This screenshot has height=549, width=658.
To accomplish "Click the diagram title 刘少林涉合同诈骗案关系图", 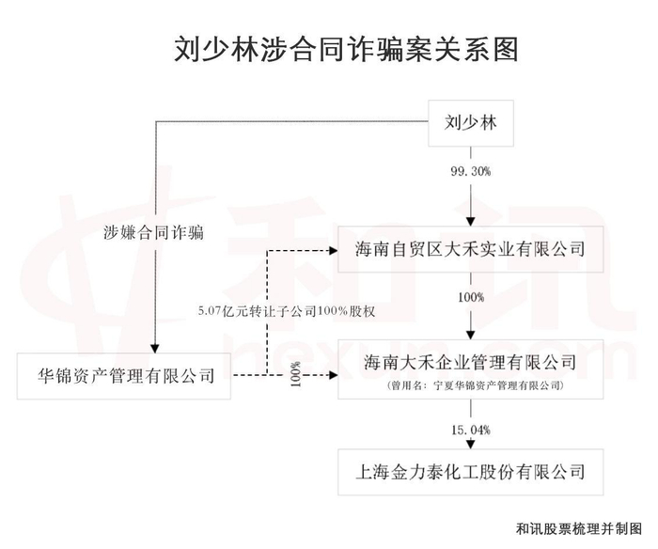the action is click(346, 49).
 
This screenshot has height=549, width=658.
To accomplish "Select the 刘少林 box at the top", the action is click(471, 123).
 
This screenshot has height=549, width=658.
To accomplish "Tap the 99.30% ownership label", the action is click(471, 171).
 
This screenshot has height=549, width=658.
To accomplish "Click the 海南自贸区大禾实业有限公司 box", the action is click(471, 249).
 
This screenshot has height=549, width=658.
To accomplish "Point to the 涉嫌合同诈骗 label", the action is click(153, 232).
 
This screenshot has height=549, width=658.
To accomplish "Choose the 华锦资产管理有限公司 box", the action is click(124, 376).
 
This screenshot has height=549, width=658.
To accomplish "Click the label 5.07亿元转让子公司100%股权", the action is click(287, 311).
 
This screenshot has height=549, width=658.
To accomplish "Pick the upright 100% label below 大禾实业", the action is click(471, 298).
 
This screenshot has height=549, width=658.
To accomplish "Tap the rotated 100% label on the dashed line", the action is click(295, 374).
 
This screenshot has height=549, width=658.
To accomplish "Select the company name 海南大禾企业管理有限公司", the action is click(471, 363).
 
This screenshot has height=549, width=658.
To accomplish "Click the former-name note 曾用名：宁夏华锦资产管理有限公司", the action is click(475, 385).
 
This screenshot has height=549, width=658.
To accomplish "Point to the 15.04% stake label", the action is click(471, 430).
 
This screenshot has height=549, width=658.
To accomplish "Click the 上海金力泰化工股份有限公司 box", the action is click(471, 472).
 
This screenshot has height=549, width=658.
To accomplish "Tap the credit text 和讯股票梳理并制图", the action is click(579, 528).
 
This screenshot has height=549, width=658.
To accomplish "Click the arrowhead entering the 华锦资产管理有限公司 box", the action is click(155, 349).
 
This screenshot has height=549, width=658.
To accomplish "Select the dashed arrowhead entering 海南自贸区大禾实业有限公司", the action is click(334, 251).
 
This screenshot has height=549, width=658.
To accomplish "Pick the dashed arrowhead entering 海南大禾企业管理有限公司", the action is click(334, 375).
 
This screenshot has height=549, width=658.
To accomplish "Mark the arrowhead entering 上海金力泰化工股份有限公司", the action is click(471, 444).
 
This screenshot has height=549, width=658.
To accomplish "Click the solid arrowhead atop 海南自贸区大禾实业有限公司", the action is click(471, 222).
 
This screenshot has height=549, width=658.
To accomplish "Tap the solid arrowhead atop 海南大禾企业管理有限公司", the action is click(471, 335).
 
